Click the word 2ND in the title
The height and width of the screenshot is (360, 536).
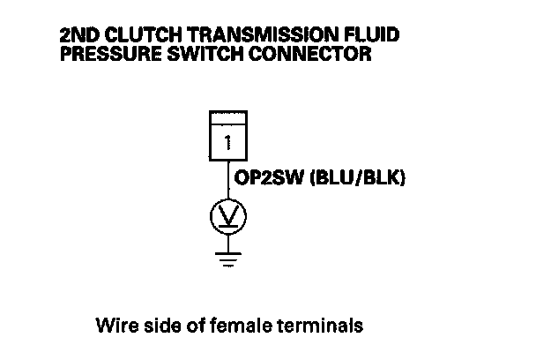pos(75,38)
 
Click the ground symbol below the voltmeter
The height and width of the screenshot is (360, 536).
pos(227,260)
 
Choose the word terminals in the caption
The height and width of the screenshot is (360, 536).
pos(323,326)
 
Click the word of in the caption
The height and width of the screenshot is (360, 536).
pos(197,326)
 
